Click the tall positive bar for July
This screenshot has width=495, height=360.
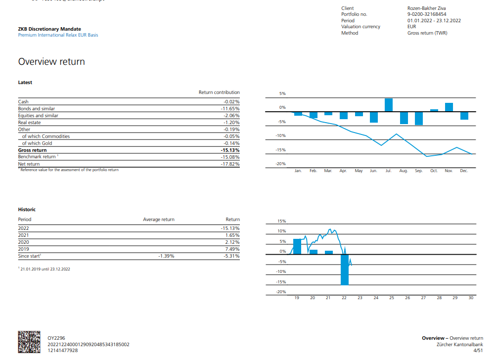(x=389, y=105)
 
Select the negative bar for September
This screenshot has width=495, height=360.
(x=419, y=118)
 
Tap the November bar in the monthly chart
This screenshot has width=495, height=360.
(x=449, y=107)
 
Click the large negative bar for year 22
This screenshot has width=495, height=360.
(x=344, y=270)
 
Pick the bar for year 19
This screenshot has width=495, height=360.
(x=297, y=246)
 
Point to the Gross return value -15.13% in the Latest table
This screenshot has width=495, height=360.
(x=230, y=150)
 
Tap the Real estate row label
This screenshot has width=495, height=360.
(x=30, y=123)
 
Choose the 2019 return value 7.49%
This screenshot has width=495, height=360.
(x=231, y=249)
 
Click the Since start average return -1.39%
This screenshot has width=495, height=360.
(x=166, y=256)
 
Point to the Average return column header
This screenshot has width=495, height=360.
(x=159, y=220)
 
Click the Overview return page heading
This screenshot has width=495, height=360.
(x=51, y=62)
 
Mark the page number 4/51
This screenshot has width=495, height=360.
(x=478, y=350)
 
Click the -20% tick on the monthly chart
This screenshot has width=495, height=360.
(x=281, y=164)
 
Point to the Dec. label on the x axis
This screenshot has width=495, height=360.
(x=464, y=171)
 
